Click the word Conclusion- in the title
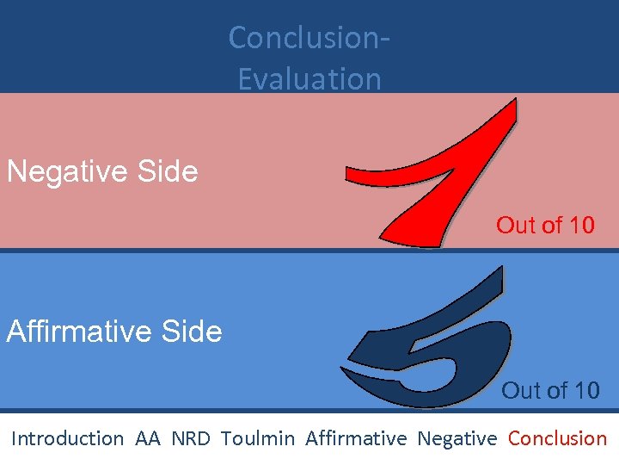[x=309, y=38]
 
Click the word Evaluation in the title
[x=309, y=78]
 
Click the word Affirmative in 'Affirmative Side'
[x=81, y=332]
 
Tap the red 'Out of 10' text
[x=545, y=226]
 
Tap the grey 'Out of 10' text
[x=550, y=391]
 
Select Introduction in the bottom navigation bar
[x=67, y=438]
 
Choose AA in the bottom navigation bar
[x=148, y=438]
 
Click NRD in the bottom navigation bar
[x=190, y=438]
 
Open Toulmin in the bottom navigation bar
[x=257, y=438]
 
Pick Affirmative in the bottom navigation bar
[x=356, y=438]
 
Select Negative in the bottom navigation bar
[x=457, y=438]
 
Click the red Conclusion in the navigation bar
[x=557, y=438]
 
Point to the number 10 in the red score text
[x=581, y=226]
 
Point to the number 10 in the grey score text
[x=586, y=391]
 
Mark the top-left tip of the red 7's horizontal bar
[x=348, y=172]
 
